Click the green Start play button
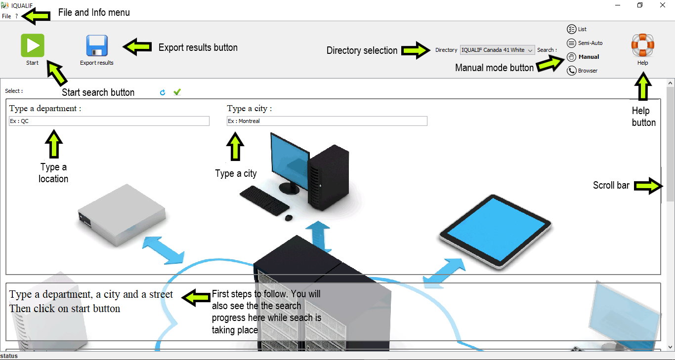click(x=33, y=45)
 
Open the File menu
click(x=6, y=16)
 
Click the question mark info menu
click(x=16, y=16)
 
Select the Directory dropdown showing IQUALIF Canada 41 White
click(x=497, y=50)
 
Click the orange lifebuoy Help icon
click(x=642, y=45)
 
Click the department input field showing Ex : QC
click(x=109, y=121)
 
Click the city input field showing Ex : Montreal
click(x=327, y=121)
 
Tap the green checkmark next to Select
click(x=177, y=92)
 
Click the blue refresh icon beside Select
click(x=163, y=92)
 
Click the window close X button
click(x=663, y=5)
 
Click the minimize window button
click(x=618, y=5)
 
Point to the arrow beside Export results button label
click(x=137, y=47)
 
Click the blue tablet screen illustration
click(x=495, y=223)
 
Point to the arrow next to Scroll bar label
click(x=647, y=186)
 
